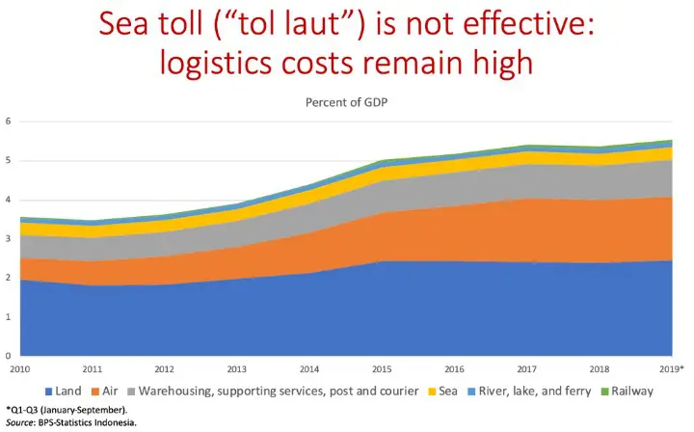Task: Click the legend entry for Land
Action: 67,391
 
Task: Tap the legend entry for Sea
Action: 447,391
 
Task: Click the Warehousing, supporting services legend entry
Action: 279,391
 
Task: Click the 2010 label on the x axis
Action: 18,367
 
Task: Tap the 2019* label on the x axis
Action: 671,367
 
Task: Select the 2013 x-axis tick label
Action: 235,367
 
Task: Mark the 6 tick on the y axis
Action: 8,121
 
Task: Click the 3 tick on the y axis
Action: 8,238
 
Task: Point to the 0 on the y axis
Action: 8,355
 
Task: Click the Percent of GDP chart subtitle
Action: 346,101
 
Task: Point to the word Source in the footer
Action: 20,422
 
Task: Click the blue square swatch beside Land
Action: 50,391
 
